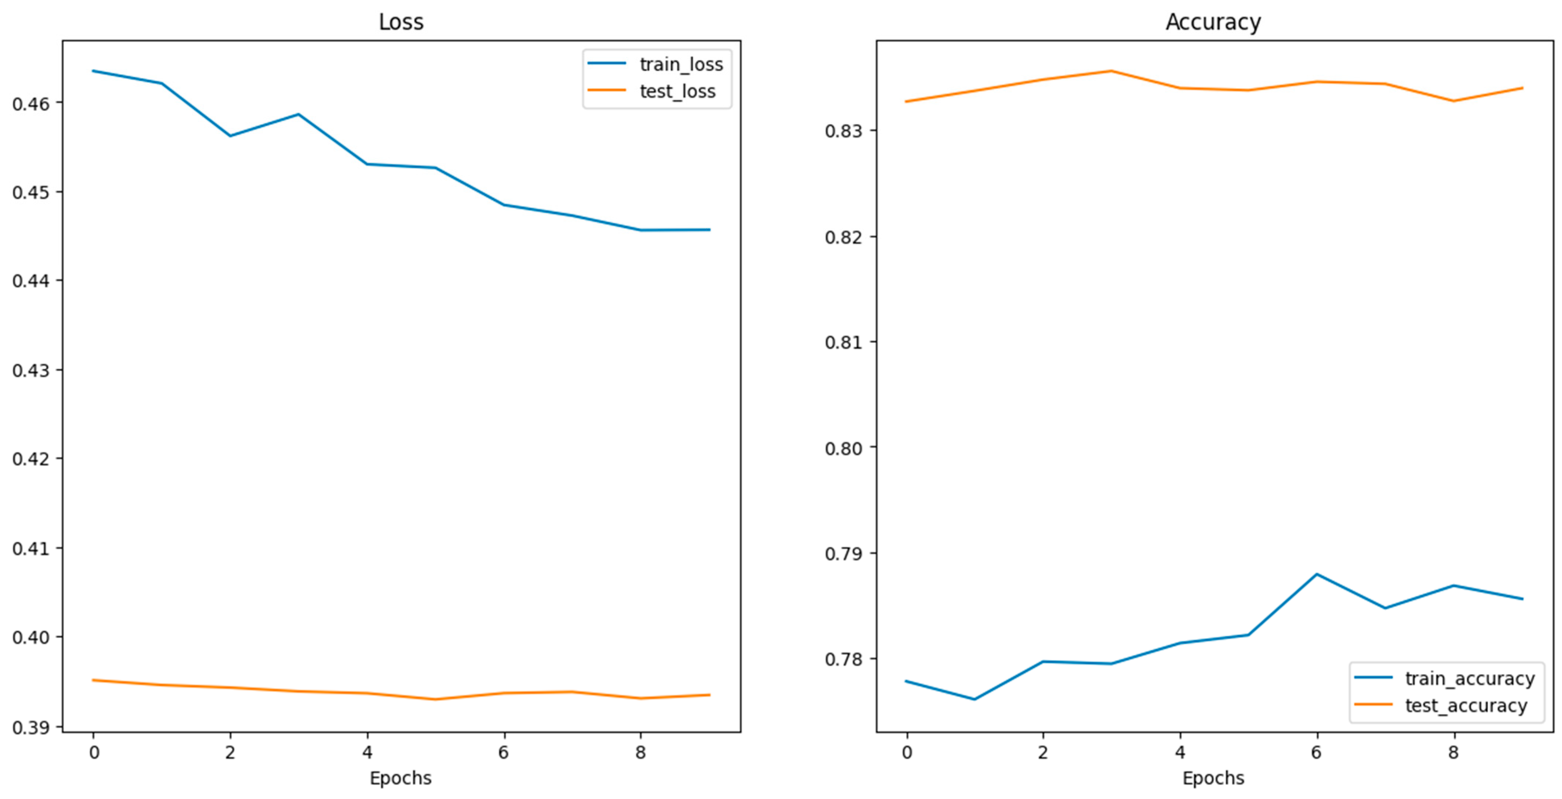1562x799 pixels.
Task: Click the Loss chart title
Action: click(x=401, y=22)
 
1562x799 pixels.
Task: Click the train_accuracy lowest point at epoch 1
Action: click(x=974, y=699)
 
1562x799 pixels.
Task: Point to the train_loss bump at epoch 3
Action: click(x=298, y=114)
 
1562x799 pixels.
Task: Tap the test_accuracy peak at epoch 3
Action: click(x=1111, y=71)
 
